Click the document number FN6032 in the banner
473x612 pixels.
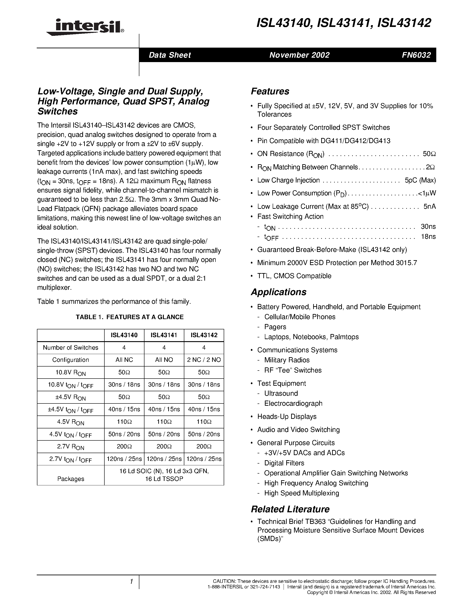point(416,55)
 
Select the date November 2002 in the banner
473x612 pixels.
point(299,55)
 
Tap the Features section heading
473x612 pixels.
point(270,91)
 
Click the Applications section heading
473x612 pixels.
point(278,292)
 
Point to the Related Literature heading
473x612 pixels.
point(290,509)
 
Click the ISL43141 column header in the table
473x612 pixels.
point(164,335)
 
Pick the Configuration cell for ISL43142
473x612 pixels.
point(204,360)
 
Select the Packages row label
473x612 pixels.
point(71,479)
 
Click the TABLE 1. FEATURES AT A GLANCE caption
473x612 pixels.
point(130,317)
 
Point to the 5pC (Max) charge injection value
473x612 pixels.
point(420,180)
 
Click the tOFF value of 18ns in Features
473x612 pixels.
point(428,237)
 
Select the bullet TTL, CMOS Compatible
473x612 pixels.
point(294,276)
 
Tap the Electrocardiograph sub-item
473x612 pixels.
point(293,403)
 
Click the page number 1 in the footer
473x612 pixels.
point(131,582)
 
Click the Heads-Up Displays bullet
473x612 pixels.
point(287,416)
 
